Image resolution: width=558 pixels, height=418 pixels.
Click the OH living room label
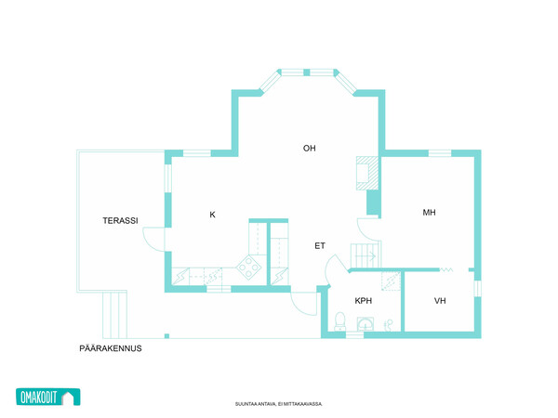coord(310,149)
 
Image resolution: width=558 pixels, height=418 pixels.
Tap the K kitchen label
coord(212,215)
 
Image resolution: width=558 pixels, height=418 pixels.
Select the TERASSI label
coord(120,221)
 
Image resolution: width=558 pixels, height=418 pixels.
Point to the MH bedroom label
coord(429,213)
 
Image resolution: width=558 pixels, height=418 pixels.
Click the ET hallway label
coord(320,245)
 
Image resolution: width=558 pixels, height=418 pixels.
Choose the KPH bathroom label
coord(364,301)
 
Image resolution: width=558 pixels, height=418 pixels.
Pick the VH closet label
coord(440,301)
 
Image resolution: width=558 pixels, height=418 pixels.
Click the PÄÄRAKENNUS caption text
coord(111,348)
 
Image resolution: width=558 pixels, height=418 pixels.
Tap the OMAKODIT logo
coord(48,397)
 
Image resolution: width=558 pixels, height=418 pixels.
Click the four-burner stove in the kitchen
coord(249,268)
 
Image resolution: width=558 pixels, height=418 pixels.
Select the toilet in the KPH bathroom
coord(340,321)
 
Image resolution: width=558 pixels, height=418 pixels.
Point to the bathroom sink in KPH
coord(365,324)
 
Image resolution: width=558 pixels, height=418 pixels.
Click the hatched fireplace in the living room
coord(367,173)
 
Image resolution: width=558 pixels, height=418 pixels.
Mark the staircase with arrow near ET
coord(365,255)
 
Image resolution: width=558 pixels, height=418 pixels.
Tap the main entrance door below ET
coord(303,303)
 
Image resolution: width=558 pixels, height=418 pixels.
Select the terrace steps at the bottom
coord(114,315)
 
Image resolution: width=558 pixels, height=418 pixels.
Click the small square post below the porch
coord(166,336)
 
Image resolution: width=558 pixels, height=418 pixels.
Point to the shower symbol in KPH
coord(388,324)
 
